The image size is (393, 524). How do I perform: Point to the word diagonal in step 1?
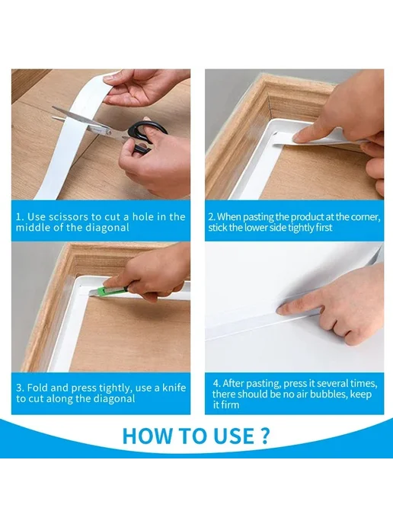[107, 228]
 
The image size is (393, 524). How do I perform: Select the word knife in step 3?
[174, 388]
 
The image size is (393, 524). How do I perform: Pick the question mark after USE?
[264, 436]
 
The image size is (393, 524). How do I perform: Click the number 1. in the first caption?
[20, 217]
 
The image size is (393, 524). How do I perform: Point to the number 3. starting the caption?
[20, 388]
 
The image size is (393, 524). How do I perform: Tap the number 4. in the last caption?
[216, 383]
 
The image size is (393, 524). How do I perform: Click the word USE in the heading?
[232, 436]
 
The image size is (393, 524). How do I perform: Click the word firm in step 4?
[230, 404]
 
